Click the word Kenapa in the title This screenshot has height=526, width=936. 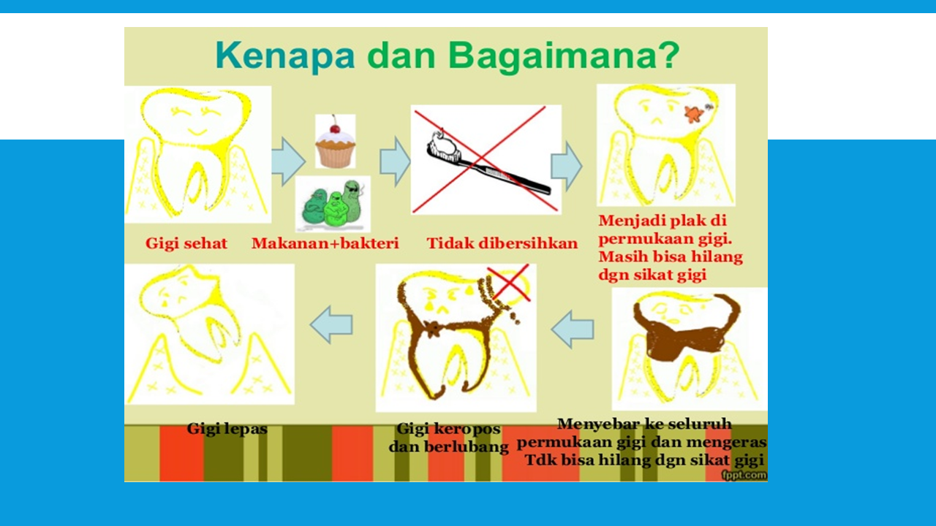[285, 56]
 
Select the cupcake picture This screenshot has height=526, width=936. [335, 142]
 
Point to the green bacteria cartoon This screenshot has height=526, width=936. [333, 204]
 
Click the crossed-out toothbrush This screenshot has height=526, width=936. [486, 159]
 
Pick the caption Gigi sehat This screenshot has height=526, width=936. [186, 243]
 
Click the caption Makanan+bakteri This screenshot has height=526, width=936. [325, 243]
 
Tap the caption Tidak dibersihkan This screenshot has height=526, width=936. [502, 243]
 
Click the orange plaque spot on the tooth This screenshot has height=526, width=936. [694, 113]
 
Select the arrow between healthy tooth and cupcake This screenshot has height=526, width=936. [288, 161]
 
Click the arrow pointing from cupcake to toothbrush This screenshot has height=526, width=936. [395, 162]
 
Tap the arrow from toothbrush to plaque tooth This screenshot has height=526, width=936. [566, 166]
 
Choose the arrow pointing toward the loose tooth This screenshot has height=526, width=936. [331, 325]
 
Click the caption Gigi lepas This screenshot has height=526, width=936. [227, 429]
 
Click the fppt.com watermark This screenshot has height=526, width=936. [744, 475]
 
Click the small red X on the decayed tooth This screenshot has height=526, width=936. [509, 282]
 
